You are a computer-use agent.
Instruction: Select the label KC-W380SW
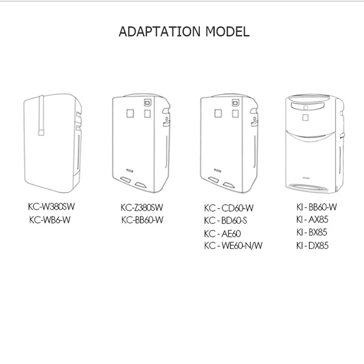pos(51,207)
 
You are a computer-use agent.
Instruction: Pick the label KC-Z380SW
pos(142,208)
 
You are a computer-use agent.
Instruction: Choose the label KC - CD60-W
pos(228,209)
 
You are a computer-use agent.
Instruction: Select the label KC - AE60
pos(222,234)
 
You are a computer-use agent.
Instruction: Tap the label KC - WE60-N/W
pos(233,246)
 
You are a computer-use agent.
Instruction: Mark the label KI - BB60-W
pos(316,207)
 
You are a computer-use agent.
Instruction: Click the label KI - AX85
pos(312,220)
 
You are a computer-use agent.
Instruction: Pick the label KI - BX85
pos(312,233)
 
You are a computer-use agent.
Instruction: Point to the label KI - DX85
pos(312,245)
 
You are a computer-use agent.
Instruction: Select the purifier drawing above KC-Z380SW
pos(141,143)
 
